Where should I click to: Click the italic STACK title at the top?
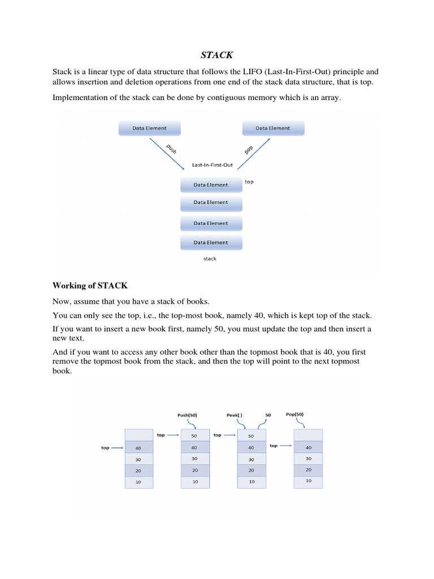point(216,55)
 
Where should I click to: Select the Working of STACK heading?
point(90,285)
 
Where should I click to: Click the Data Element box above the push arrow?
point(149,128)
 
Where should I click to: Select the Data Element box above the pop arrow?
point(273,128)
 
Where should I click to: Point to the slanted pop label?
point(248,149)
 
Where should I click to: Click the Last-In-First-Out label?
point(212,165)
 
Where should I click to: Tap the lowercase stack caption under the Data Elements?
point(210,258)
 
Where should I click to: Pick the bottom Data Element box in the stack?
point(211,243)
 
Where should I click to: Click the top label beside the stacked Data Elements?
point(249,182)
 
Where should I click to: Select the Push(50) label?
point(188,415)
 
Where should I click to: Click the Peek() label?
point(235,415)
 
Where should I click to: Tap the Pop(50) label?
point(294,414)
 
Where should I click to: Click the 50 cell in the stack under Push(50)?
point(194,435)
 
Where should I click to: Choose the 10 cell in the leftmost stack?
point(138,482)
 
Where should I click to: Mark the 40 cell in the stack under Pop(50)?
point(309,447)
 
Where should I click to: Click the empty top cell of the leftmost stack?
point(138,435)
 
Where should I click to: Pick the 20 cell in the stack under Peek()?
point(251,470)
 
